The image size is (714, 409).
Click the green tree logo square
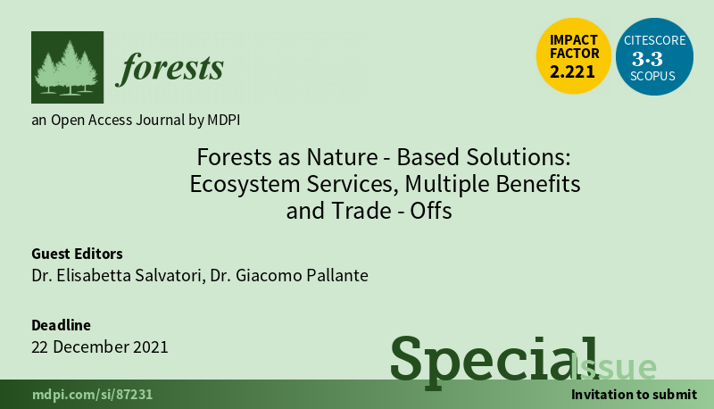tap(68, 67)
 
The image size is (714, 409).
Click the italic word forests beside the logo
tap(170, 69)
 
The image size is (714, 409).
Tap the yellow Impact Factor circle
tap(573, 56)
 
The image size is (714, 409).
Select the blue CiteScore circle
tap(654, 56)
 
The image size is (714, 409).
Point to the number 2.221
tap(572, 71)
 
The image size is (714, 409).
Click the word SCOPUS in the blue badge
tap(652, 76)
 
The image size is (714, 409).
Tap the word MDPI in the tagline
tap(224, 120)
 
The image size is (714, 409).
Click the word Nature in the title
tap(342, 156)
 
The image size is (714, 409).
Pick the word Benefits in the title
tap(538, 184)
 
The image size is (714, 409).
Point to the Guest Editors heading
tap(77, 254)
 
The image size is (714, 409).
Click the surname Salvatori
tap(169, 276)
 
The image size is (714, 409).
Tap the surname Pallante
tap(337, 275)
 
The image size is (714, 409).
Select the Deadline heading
tap(61, 325)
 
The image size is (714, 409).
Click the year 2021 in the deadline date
tap(150, 347)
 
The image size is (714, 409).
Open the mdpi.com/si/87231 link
tap(93, 395)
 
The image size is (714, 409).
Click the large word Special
tap(494, 362)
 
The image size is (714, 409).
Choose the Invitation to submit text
tap(635, 394)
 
